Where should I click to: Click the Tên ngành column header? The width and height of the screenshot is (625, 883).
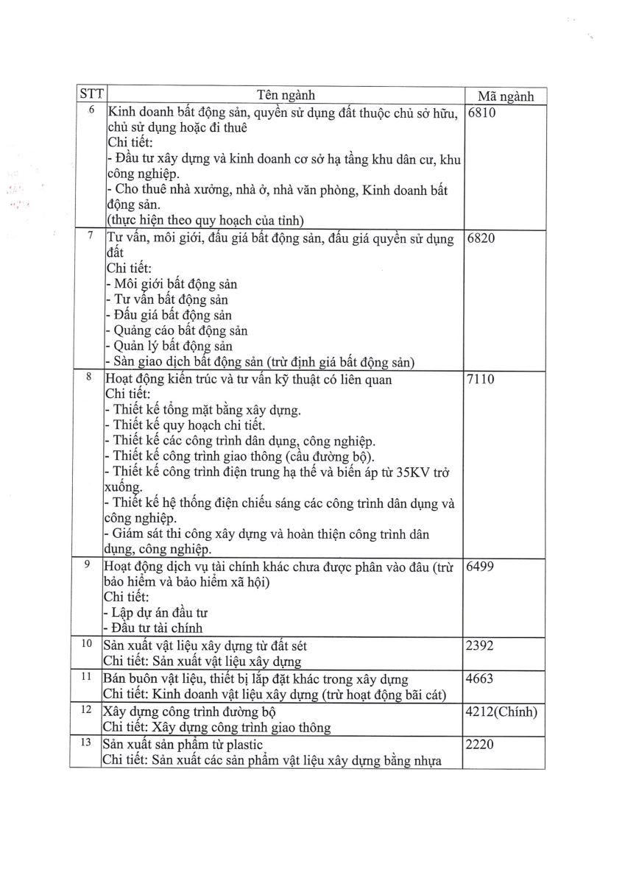(x=286, y=95)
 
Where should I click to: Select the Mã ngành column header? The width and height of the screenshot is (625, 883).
(x=505, y=96)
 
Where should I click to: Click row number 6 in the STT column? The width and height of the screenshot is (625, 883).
(x=91, y=111)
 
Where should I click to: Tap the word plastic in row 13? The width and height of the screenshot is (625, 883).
(x=241, y=745)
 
